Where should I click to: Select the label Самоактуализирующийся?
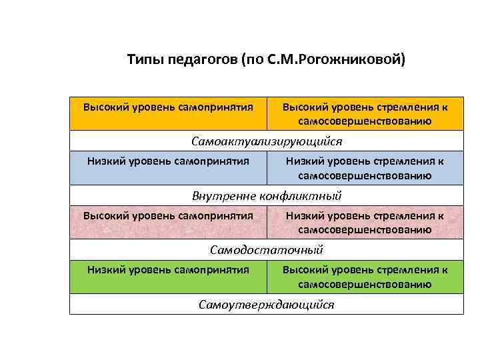pos(267,142)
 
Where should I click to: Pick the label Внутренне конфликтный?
pos(267,196)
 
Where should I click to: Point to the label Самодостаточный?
pos(267,250)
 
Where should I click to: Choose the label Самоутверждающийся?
pos(267,305)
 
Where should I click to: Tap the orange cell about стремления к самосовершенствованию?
pos(365,113)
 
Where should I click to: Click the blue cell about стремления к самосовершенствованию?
pos(365,167)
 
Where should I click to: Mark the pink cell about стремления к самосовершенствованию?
pos(365,222)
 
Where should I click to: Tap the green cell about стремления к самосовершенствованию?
pos(365,276)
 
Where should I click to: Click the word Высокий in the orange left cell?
pos(102,107)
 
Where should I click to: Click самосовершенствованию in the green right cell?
pos(365,284)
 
